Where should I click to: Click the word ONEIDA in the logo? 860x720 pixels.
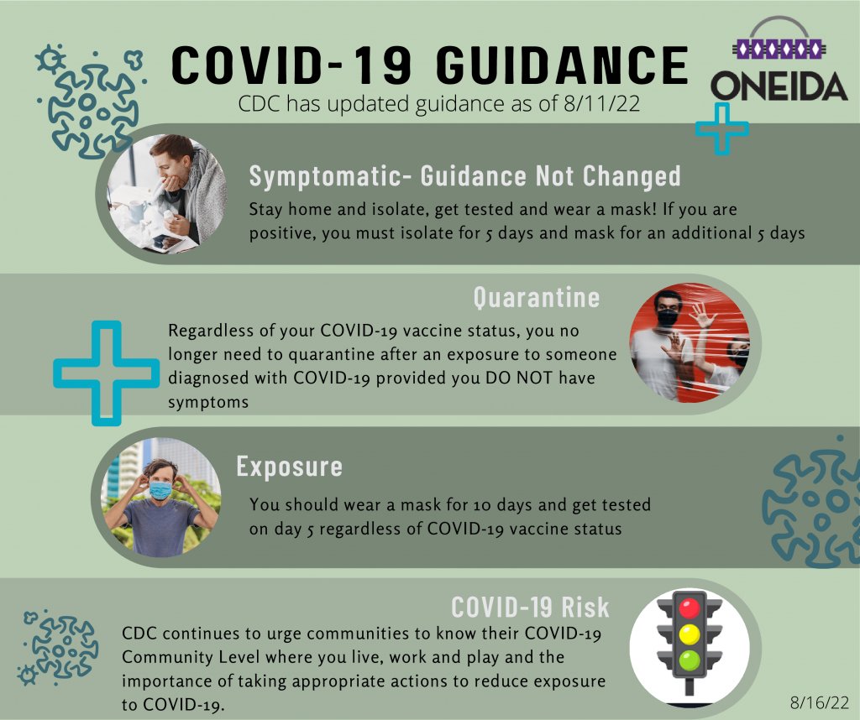779,86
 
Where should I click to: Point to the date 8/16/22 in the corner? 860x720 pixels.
821,698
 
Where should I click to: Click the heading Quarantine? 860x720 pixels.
537,297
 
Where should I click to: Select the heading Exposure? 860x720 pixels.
290,466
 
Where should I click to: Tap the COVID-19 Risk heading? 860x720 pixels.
530,607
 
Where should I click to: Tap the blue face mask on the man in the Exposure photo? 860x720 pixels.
160,488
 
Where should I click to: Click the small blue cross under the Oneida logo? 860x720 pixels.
721,128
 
